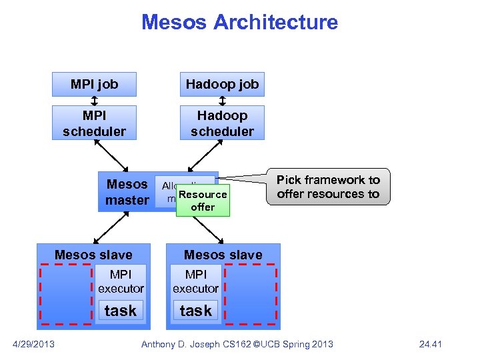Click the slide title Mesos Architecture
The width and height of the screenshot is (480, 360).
click(x=239, y=22)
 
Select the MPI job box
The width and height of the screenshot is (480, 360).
click(x=94, y=84)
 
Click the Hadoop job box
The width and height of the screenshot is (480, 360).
click(x=222, y=84)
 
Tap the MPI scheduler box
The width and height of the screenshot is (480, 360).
click(x=94, y=123)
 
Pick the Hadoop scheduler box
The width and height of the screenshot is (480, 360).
click(x=222, y=123)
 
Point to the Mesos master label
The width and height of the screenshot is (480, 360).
click(x=127, y=192)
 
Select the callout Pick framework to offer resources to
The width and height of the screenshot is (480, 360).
click(x=328, y=187)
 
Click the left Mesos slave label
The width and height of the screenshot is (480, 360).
click(x=93, y=255)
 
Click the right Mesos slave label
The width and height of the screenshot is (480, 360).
click(x=223, y=255)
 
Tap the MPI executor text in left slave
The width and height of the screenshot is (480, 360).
click(x=121, y=281)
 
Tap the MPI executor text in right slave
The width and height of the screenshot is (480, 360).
click(x=195, y=281)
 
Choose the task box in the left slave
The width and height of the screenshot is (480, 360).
click(x=121, y=311)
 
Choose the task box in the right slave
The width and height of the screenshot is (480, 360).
click(x=195, y=311)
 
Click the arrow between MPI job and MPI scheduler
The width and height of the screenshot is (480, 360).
click(x=94, y=101)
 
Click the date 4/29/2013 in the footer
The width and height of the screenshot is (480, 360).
click(x=34, y=344)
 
